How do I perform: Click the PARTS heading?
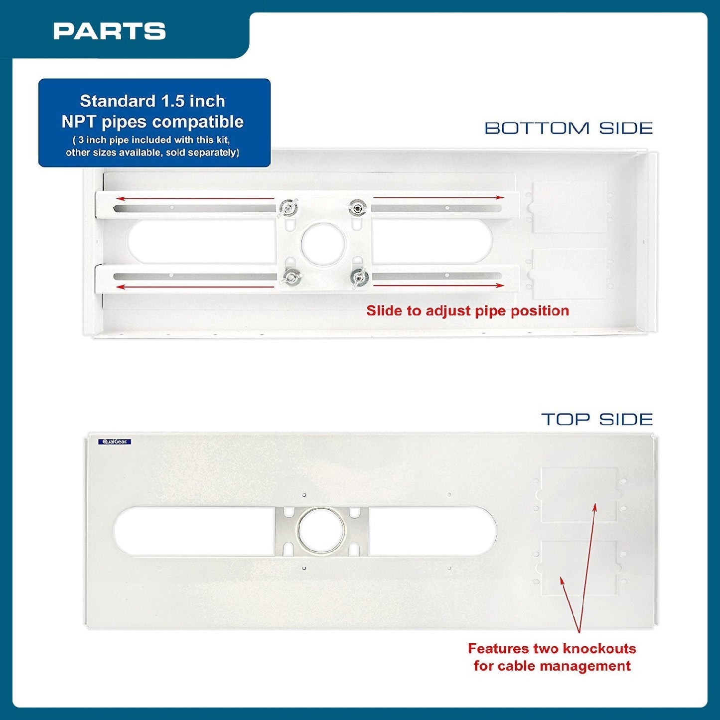(110, 31)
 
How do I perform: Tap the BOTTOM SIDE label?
(569, 129)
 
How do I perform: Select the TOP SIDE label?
(597, 419)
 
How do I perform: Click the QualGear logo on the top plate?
(114, 441)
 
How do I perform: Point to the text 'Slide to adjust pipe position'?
(467, 311)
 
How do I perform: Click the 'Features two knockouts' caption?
(552, 648)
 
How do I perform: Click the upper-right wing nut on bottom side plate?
(358, 207)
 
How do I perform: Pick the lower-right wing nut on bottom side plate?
(359, 278)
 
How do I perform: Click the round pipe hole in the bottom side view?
(323, 244)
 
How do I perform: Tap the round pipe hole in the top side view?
(322, 531)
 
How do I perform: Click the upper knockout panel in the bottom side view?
(569, 208)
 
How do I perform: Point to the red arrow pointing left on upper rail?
(195, 198)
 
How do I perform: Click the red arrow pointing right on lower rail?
(438, 286)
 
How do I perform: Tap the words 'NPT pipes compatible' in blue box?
(152, 122)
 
